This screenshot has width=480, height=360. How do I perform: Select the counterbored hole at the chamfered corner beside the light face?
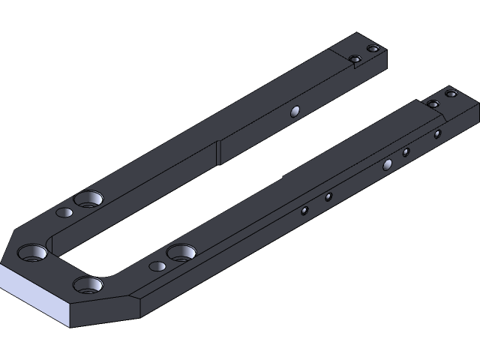click(x=32, y=252)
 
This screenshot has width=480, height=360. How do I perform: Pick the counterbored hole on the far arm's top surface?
click(x=88, y=199)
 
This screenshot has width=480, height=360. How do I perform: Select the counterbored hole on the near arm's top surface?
click(x=181, y=251)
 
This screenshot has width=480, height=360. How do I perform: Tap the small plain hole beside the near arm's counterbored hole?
click(x=157, y=265)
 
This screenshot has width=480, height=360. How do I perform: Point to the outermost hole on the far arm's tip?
click(x=373, y=49)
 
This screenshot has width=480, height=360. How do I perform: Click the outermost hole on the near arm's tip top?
click(x=451, y=94)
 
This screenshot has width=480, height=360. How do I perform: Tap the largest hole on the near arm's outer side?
click(x=388, y=164)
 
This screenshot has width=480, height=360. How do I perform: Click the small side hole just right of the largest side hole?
click(x=406, y=152)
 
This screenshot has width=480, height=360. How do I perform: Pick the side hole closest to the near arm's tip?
click(x=437, y=134)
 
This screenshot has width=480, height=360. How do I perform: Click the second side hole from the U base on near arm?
click(x=328, y=197)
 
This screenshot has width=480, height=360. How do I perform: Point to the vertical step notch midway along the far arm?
click(x=217, y=152)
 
